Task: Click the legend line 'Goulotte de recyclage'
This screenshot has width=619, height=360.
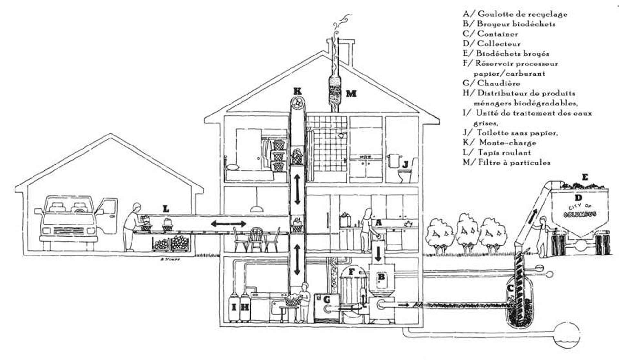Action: (x=515, y=14)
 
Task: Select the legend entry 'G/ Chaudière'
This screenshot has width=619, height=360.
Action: (x=492, y=83)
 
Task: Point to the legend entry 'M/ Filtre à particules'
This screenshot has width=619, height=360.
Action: (x=506, y=162)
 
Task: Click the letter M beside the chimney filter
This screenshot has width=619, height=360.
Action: (x=351, y=94)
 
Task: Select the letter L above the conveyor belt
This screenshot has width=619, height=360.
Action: (x=166, y=209)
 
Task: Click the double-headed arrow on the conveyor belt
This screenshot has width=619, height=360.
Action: (x=229, y=224)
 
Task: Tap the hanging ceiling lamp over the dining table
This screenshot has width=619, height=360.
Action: (x=257, y=209)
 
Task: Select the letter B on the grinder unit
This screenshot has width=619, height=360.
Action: (x=381, y=277)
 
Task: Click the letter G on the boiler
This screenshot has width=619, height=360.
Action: (x=327, y=300)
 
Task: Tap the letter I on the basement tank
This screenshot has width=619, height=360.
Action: (x=234, y=307)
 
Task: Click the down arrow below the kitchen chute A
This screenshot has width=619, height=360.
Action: (x=378, y=255)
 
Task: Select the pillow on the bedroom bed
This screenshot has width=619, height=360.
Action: (x=231, y=167)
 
